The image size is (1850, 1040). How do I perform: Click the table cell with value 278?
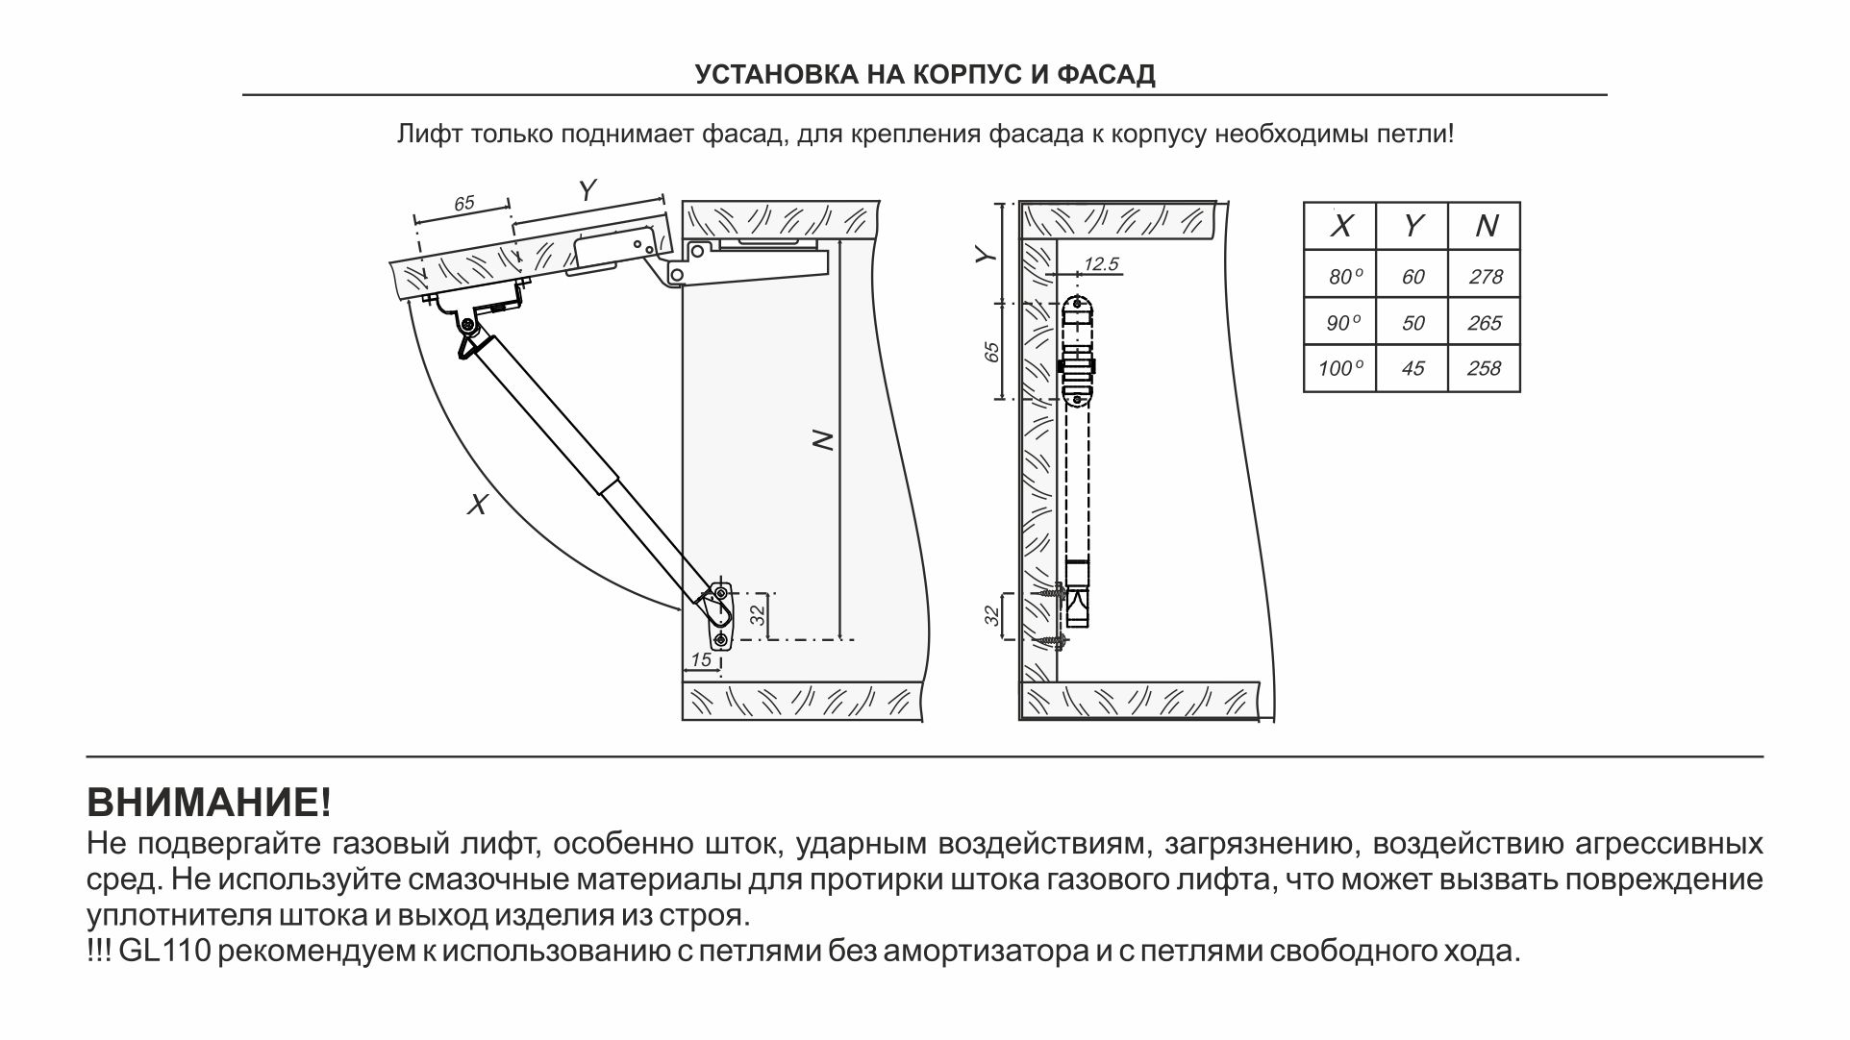coord(1485,277)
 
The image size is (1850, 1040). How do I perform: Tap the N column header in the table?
coord(1486,227)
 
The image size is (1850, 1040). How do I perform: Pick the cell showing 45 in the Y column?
coord(1412,368)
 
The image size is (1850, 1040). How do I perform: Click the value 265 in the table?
coord(1485,323)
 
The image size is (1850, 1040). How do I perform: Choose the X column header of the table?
coord(1340,227)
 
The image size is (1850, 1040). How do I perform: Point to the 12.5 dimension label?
coord(1101,264)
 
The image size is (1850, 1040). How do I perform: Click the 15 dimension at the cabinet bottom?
coord(701,659)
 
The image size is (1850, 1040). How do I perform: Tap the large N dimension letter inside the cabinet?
coord(823,440)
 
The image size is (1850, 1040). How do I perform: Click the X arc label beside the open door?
coord(477,504)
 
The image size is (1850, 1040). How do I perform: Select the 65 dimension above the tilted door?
coord(464,204)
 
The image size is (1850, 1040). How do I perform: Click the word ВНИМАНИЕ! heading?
coord(209,802)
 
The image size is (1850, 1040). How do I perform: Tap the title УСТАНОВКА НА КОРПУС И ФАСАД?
coord(925,75)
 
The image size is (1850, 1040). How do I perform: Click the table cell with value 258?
coord(1485,368)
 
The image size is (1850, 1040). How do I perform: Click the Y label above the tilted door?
coord(588,191)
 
